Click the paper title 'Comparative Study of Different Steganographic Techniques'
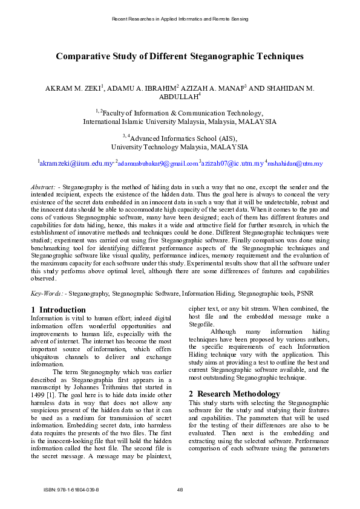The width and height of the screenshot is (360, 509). click(x=180, y=56)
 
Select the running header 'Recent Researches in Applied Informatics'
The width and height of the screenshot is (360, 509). click(x=157, y=19)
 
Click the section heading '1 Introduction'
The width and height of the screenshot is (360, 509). click(x=58, y=310)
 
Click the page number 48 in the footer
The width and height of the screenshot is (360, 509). click(x=180, y=490)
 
